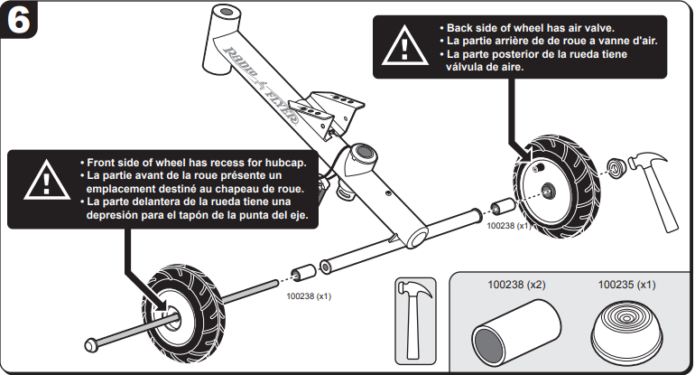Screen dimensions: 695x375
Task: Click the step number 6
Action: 19,20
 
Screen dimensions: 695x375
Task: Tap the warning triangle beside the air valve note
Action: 404,46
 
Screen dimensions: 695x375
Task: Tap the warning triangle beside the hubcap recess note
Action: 47,181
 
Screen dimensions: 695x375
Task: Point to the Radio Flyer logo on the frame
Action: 263,85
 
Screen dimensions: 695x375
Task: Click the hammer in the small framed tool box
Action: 415,320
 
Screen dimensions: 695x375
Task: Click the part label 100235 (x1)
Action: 626,285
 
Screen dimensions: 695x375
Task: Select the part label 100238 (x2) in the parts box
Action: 516,285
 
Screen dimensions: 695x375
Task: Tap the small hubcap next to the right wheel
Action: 616,168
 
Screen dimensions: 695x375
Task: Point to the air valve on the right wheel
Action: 539,167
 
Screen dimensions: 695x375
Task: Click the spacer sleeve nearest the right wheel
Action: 503,207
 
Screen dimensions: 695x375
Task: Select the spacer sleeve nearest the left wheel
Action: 303,273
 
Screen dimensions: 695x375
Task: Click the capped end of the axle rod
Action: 91,345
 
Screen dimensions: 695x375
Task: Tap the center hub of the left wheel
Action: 173,319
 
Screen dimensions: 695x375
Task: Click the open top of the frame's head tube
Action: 227,11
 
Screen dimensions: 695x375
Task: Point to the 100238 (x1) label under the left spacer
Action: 309,296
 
